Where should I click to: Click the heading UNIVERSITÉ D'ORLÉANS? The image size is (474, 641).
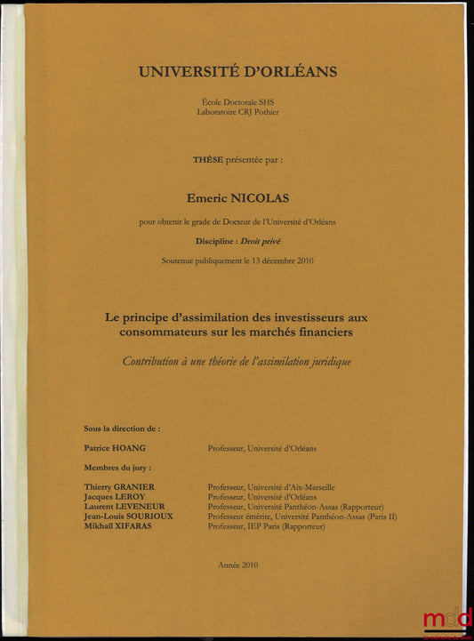tap(237, 72)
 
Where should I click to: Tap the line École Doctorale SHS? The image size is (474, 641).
tap(237, 103)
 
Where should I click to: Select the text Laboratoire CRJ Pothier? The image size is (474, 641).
tap(237, 112)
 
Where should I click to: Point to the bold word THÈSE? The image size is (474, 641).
tap(209, 159)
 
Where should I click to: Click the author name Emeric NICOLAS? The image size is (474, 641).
tap(237, 200)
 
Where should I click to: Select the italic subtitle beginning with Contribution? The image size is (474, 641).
tap(237, 362)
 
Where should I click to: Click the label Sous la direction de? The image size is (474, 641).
tap(122, 429)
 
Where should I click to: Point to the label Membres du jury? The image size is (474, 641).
tap(117, 467)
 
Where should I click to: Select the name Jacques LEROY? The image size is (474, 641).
tap(115, 497)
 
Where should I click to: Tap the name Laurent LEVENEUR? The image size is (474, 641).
tap(125, 507)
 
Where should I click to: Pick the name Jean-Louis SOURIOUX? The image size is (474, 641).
tap(129, 517)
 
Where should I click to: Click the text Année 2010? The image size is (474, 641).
tap(237, 565)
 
